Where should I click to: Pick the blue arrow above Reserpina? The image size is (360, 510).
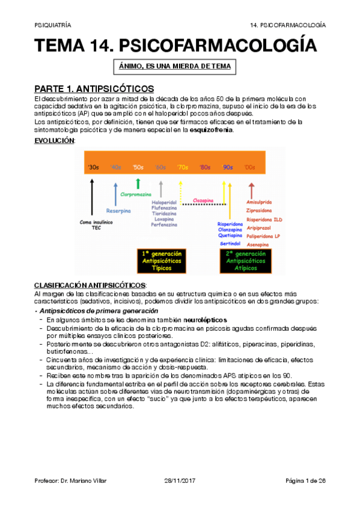pos(115,194)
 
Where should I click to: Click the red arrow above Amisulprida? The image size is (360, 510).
pos(251,191)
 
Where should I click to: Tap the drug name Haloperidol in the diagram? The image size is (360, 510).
pos(165,202)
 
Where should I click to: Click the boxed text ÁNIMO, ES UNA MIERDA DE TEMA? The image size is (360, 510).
pos(173,66)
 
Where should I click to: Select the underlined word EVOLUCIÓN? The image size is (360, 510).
pos(54,140)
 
